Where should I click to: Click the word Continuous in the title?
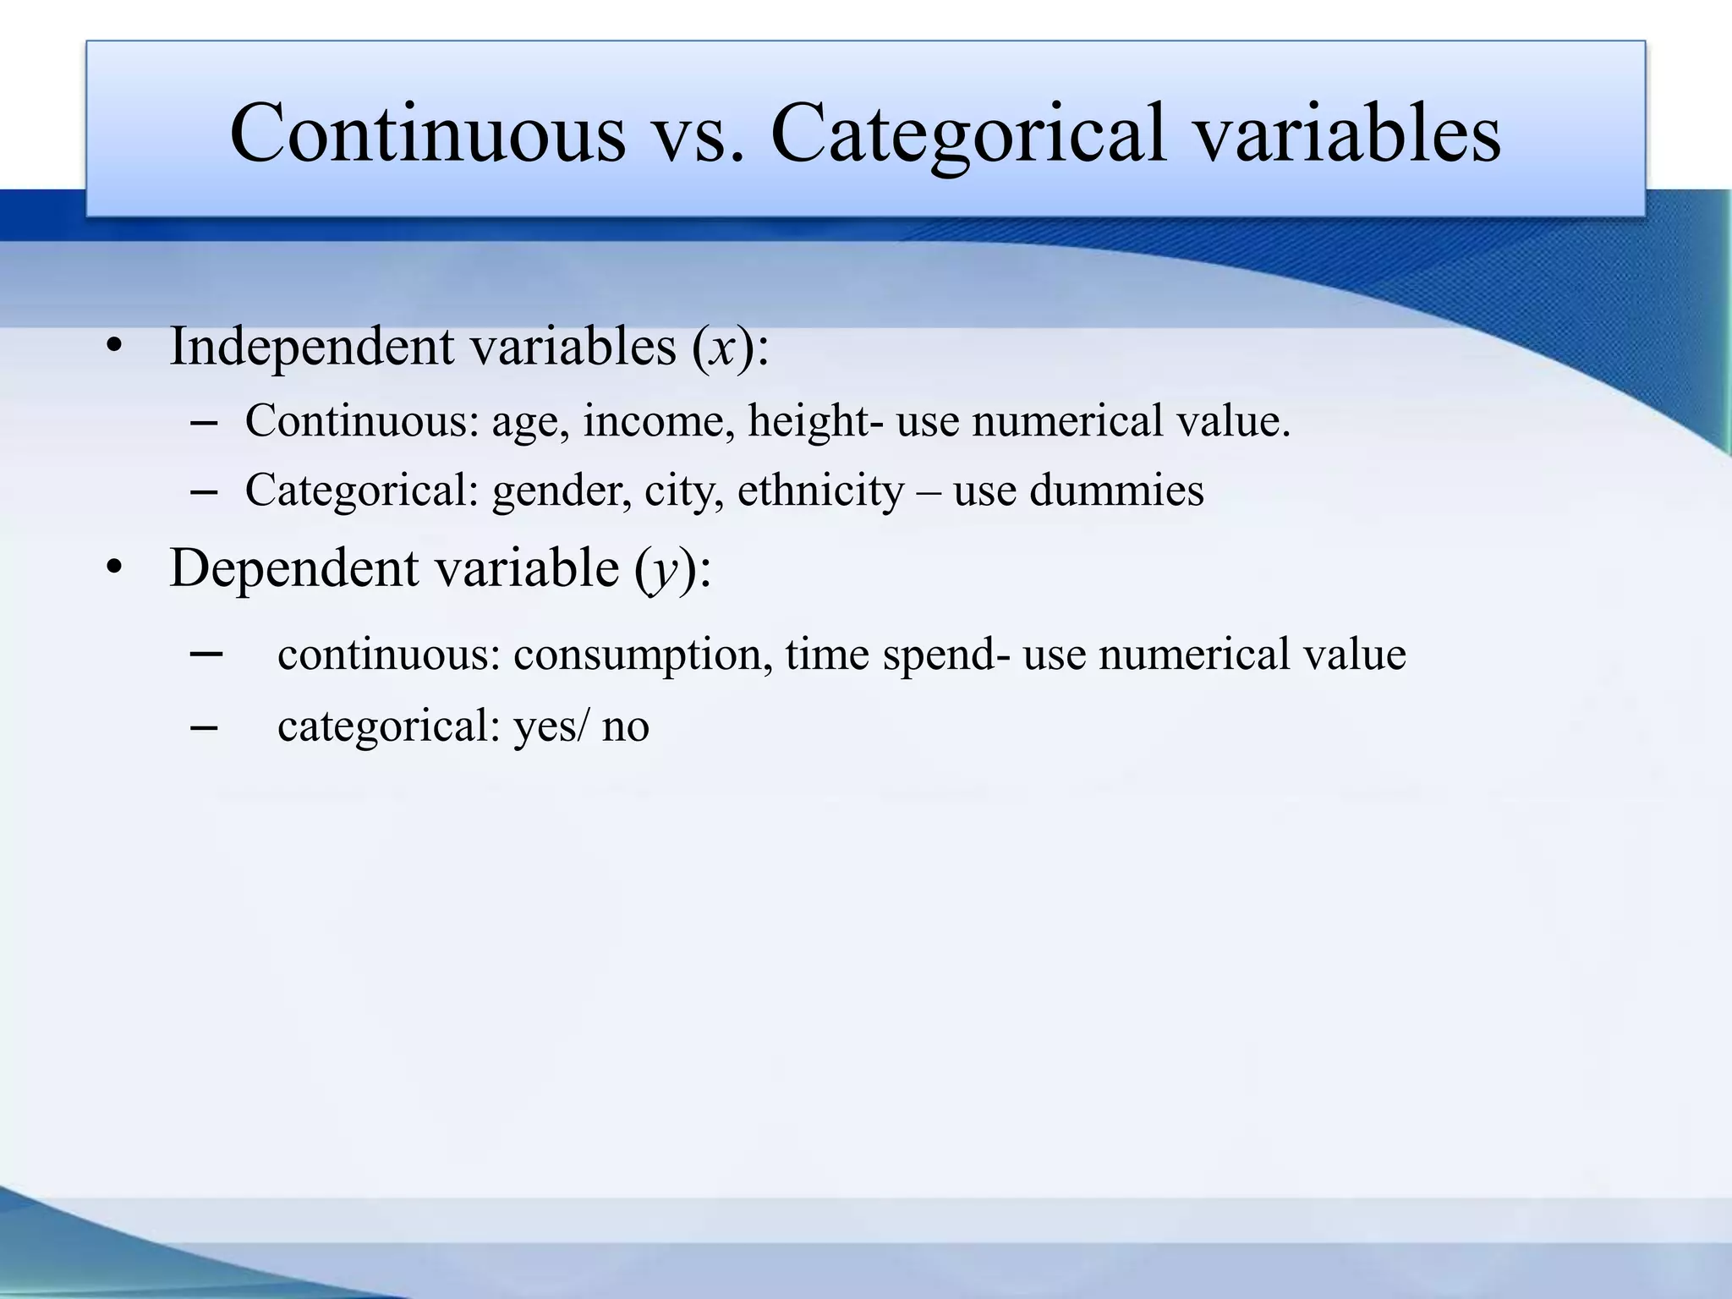pos(427,133)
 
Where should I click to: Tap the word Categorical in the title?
pos(967,133)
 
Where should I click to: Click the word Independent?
pos(312,347)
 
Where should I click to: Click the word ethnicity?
pos(820,491)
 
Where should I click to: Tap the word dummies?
pos(1115,491)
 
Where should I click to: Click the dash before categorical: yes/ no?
pos(205,726)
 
